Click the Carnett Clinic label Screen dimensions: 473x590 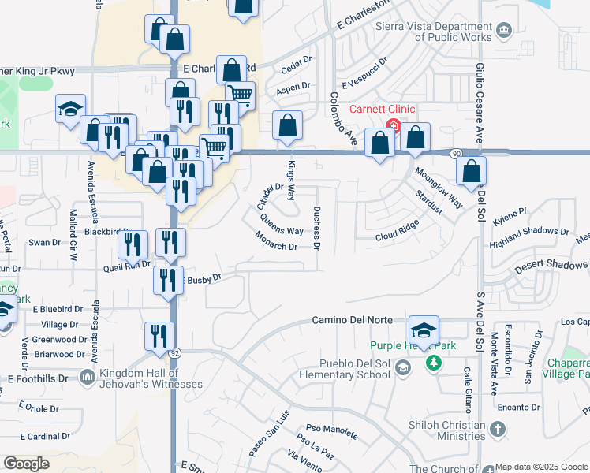[x=383, y=109]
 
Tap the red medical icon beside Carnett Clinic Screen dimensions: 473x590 [x=392, y=126]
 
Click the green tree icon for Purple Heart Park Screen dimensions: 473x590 [x=432, y=363]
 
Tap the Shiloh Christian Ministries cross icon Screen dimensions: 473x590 [x=496, y=430]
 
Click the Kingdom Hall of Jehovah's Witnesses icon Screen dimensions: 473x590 [x=85, y=378]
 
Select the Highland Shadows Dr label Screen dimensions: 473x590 [x=530, y=234]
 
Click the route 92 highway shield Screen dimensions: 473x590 [x=174, y=352]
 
